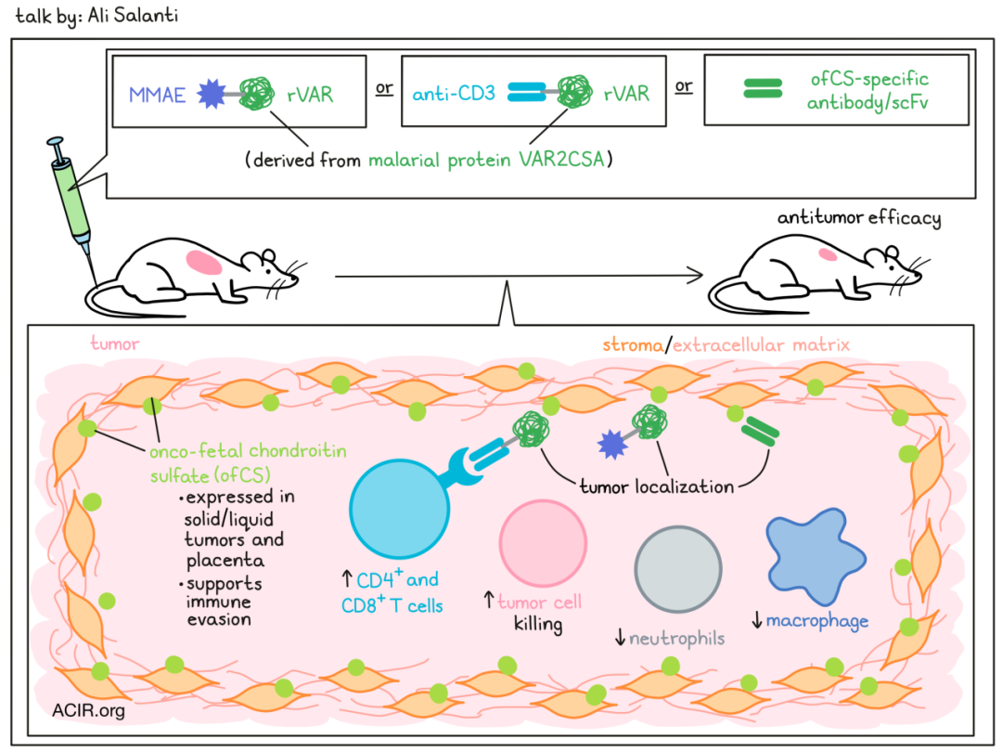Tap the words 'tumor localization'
(657, 486)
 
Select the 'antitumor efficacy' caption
(859, 219)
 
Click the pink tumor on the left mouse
(204, 263)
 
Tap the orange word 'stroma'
(630, 344)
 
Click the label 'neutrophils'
(677, 639)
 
